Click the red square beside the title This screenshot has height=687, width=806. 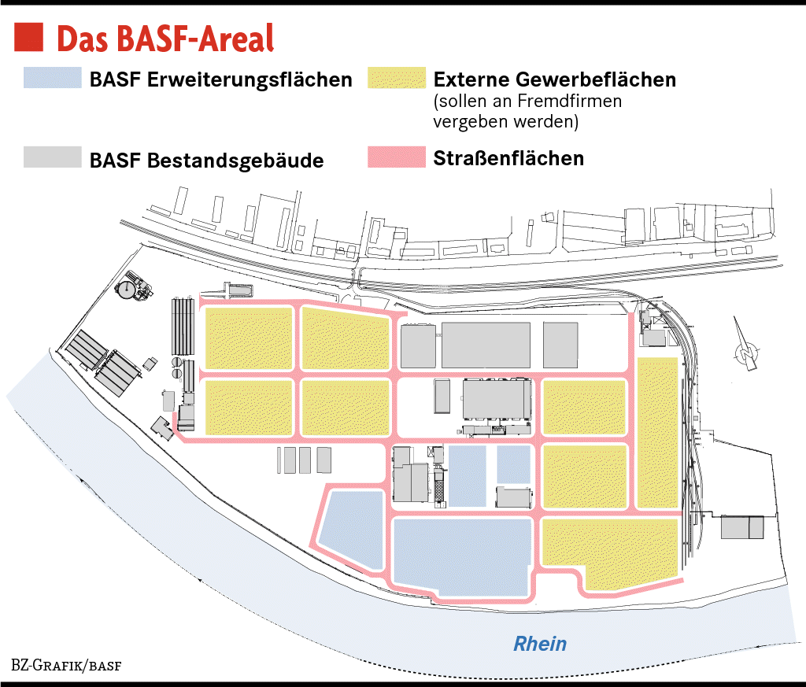click(x=28, y=36)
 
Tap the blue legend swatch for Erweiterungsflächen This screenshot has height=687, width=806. click(x=53, y=78)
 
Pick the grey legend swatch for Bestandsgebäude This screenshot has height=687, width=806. click(x=53, y=157)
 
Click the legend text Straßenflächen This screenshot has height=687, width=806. click(x=508, y=158)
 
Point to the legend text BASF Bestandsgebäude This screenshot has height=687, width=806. click(x=206, y=161)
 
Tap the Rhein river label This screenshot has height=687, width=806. click(x=540, y=644)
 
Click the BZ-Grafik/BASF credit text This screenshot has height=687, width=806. click(x=66, y=665)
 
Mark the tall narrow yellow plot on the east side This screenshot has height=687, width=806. click(x=657, y=433)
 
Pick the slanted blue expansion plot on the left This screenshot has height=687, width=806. click(x=352, y=528)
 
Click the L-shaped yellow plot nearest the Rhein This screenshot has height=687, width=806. click(x=610, y=551)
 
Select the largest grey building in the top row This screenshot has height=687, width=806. click(x=485, y=345)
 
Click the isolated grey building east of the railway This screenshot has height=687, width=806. click(x=742, y=527)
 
